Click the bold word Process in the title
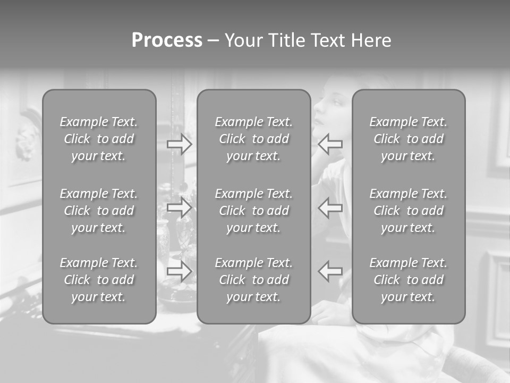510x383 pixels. pos(167,40)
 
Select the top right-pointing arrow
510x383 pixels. pos(180,144)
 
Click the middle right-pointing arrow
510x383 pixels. pos(180,207)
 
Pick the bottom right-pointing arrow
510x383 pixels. pos(180,271)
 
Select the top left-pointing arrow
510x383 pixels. pos(330,144)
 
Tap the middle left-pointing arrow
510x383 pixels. pos(330,207)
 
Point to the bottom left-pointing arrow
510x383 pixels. pos(330,271)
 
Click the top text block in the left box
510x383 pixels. pos(99,139)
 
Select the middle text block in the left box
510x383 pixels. pos(99,211)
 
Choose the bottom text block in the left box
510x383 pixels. pos(99,280)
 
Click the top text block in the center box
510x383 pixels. pos(253,139)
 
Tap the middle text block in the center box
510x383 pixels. pos(253,211)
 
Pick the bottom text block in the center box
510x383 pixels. pos(253,280)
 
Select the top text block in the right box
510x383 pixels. pos(408,139)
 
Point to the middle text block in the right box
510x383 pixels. pos(408,211)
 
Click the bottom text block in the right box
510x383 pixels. pos(408,280)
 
